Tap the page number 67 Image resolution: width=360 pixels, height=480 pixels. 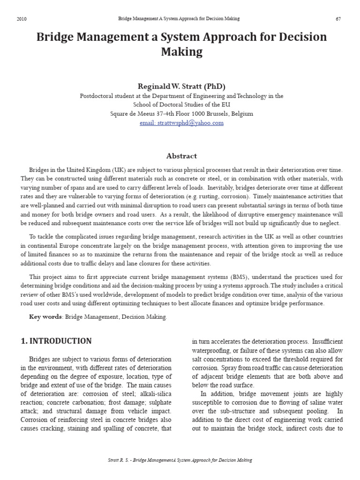point(338,19)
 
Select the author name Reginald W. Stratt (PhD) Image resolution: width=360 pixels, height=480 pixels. point(181,86)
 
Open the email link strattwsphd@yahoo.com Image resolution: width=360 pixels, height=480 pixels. point(181,123)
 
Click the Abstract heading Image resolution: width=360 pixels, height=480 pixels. point(181,156)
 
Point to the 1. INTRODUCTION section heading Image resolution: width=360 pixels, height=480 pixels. point(56,341)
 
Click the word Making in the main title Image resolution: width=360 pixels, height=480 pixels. point(181,52)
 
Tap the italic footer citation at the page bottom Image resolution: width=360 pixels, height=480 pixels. point(180,460)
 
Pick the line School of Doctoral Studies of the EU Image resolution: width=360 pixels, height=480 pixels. point(181,105)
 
